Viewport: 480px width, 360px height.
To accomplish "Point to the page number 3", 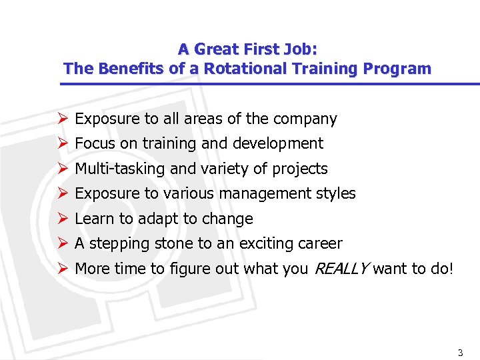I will (x=460, y=351).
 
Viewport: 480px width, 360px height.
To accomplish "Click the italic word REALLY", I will (x=341, y=269).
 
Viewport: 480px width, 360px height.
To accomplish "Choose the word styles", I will (x=338, y=194).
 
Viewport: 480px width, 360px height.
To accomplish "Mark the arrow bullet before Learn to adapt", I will (x=63, y=219).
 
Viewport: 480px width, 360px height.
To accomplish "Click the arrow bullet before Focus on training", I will (x=63, y=143).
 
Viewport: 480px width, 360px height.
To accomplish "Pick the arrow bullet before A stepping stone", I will (x=63, y=243).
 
